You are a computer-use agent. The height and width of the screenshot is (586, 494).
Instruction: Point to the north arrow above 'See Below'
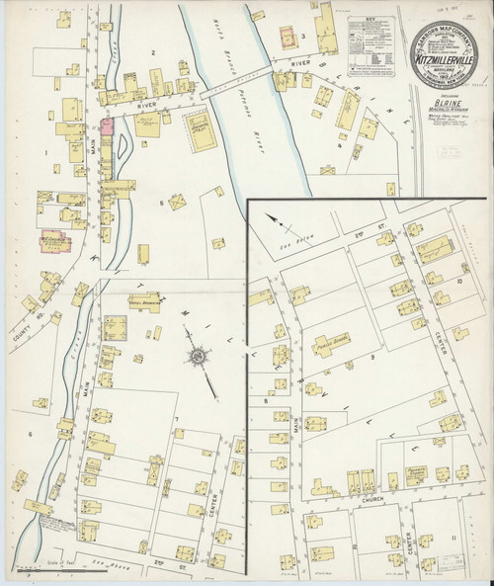point(281,220)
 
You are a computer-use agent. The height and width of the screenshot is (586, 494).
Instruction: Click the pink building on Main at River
point(108,127)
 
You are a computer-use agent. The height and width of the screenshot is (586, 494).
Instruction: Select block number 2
point(153,49)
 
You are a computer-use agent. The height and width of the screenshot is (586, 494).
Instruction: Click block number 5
point(160,203)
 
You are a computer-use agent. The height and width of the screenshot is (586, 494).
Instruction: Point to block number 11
point(452,535)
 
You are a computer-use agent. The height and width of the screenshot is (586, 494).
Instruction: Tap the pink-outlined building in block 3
point(288,40)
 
